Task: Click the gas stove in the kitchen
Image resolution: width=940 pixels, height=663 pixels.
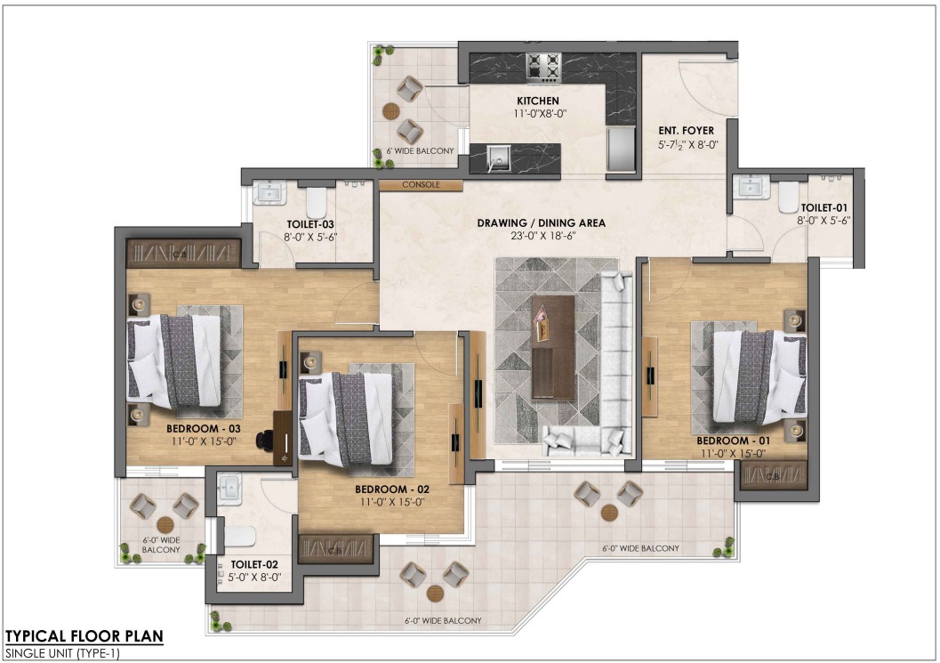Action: tap(543, 68)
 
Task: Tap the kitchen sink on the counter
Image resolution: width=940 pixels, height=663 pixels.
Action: tap(498, 158)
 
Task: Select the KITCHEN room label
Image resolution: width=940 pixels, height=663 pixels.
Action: tap(538, 101)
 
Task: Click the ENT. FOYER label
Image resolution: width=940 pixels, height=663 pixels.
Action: tap(686, 130)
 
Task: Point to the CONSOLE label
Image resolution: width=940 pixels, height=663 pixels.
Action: tap(421, 185)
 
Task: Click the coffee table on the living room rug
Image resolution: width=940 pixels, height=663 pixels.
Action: tap(553, 347)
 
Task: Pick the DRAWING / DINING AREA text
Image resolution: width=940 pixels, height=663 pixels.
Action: tap(541, 223)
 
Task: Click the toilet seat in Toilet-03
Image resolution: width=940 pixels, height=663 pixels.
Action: tap(316, 203)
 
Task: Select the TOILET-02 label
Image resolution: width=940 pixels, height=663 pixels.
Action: tap(254, 564)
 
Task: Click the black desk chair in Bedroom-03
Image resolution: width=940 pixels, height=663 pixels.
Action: tap(264, 441)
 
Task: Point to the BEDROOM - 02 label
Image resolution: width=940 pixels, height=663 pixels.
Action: tap(392, 489)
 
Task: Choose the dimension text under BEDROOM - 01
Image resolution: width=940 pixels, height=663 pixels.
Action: tap(733, 454)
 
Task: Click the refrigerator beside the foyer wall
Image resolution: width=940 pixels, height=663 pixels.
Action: tap(621, 149)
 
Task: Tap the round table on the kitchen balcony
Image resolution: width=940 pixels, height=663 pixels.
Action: tap(391, 111)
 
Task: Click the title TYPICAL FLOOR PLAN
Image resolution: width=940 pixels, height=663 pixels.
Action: tap(84, 636)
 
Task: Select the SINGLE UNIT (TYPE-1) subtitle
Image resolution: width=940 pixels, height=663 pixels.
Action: tap(62, 653)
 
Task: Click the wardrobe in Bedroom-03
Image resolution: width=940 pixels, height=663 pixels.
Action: tap(183, 254)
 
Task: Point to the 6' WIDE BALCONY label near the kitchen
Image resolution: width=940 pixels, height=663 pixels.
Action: tap(420, 151)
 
